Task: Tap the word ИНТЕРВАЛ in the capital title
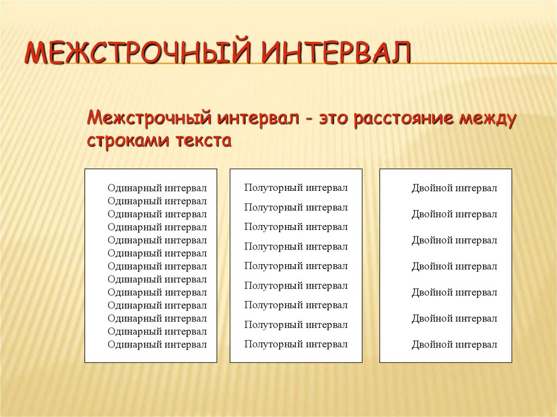(x=336, y=53)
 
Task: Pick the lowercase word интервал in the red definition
(x=258, y=118)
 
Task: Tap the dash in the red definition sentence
(x=309, y=120)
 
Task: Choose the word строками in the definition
(x=128, y=141)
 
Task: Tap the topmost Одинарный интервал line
(x=157, y=188)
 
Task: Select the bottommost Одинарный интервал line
(x=157, y=345)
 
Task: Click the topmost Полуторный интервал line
(x=296, y=188)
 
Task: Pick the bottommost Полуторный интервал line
(x=296, y=344)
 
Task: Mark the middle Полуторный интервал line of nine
(x=296, y=266)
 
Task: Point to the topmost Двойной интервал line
(x=454, y=188)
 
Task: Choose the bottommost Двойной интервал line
(x=454, y=344)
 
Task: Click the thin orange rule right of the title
(x=484, y=63)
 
